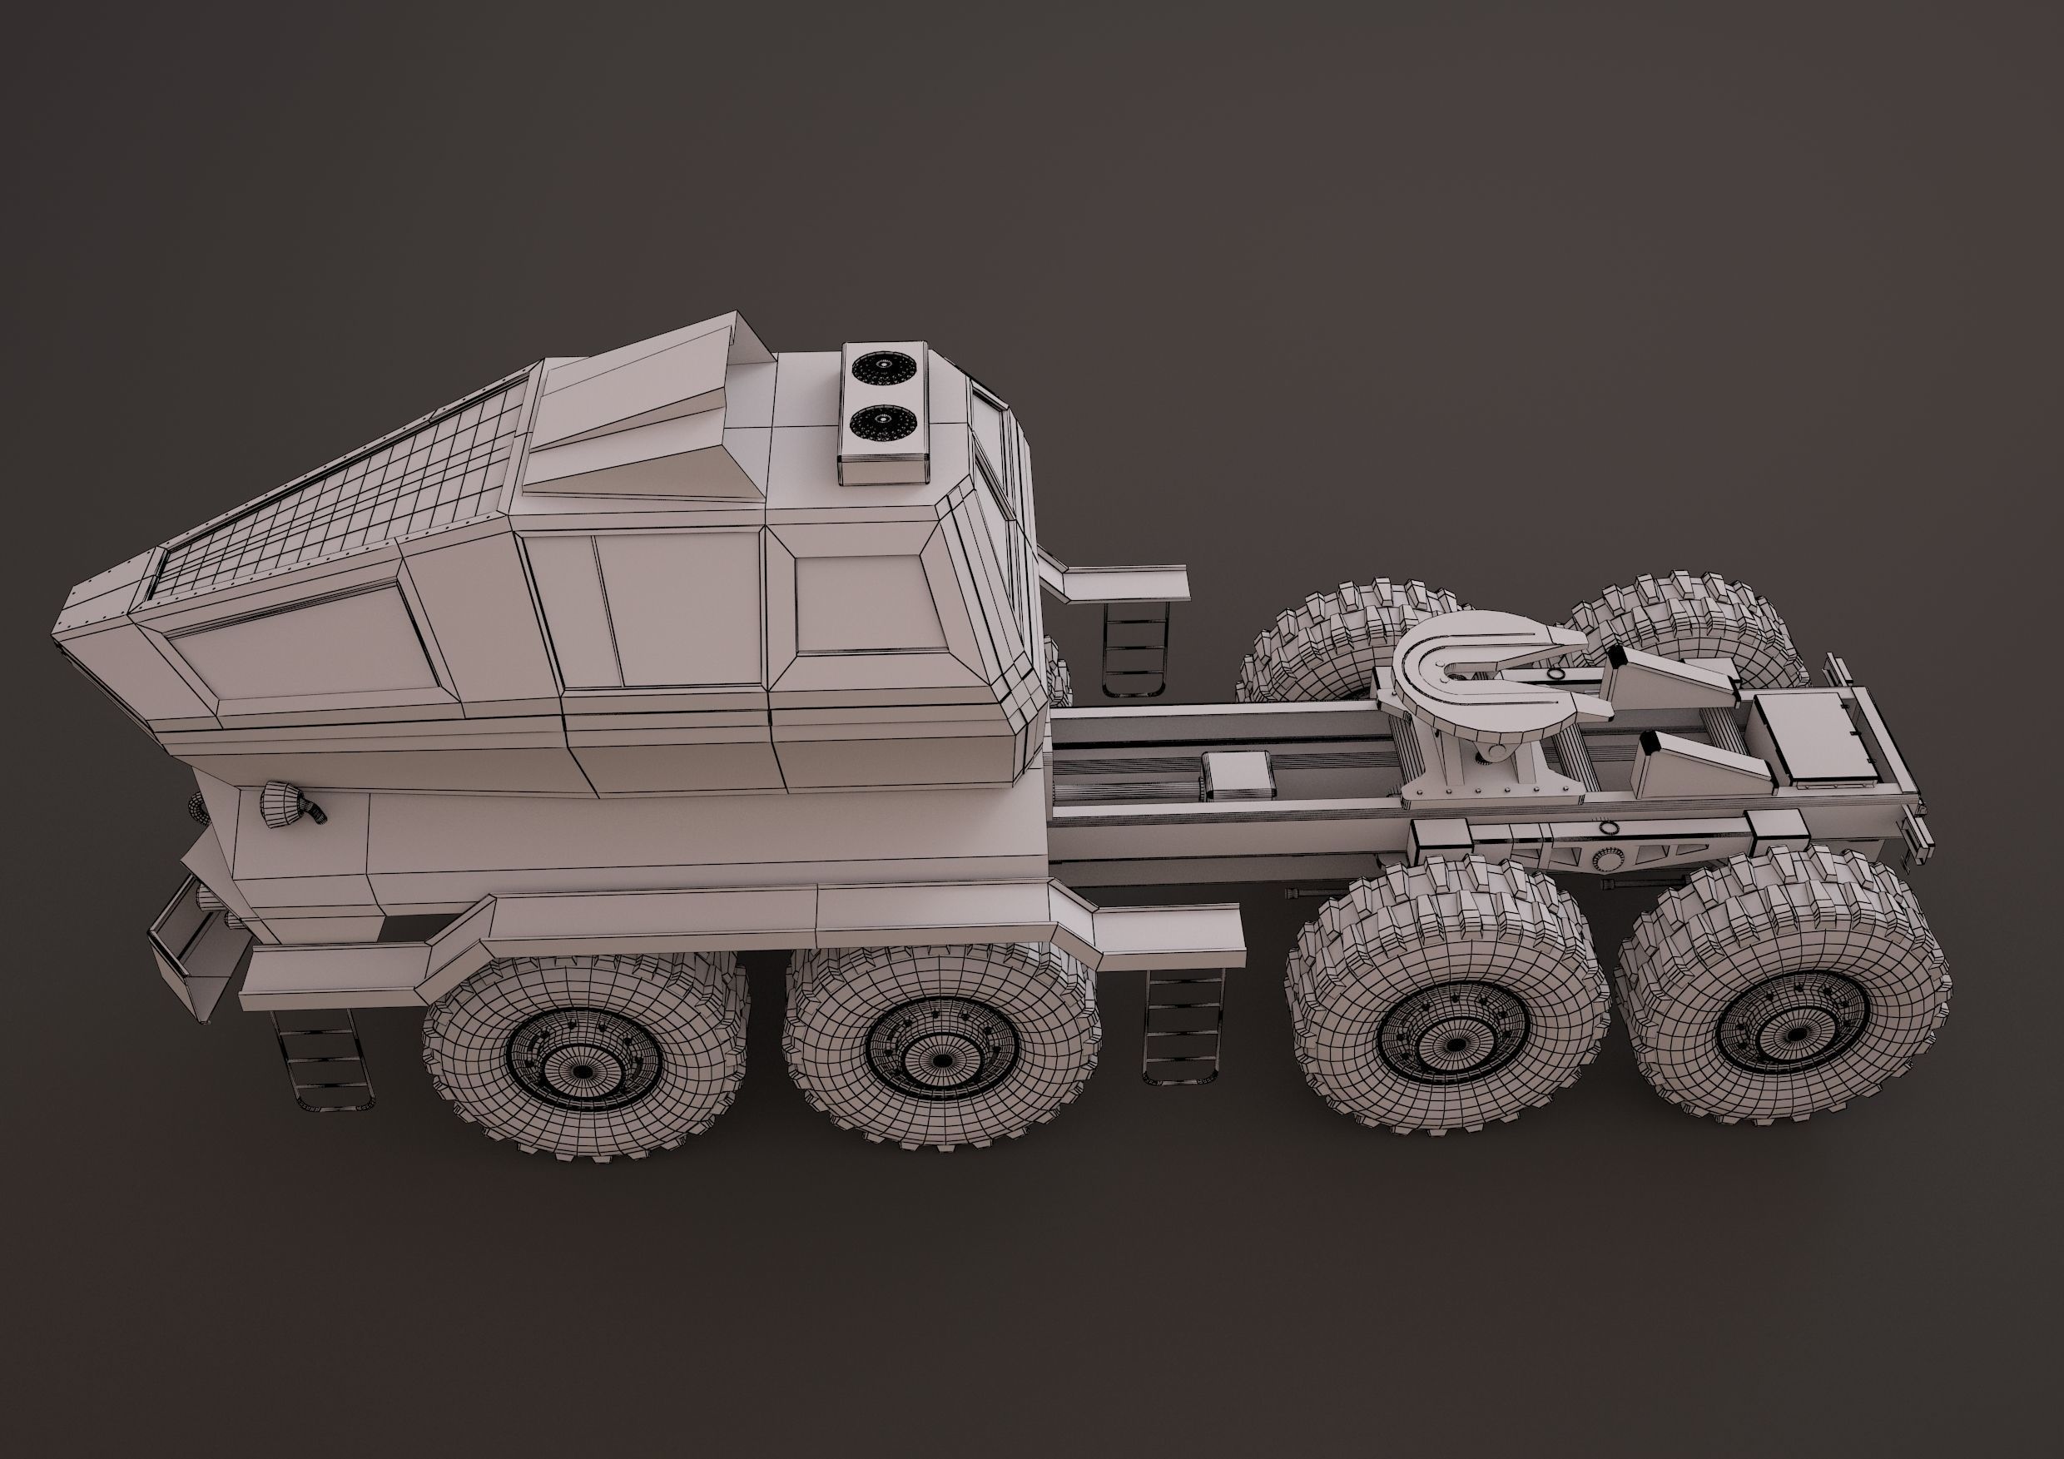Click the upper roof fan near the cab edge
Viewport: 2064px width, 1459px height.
click(x=883, y=368)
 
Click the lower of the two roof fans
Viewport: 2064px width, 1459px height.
click(x=883, y=422)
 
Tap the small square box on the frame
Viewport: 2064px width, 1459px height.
click(x=1240, y=773)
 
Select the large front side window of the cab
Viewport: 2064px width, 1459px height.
click(x=305, y=638)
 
